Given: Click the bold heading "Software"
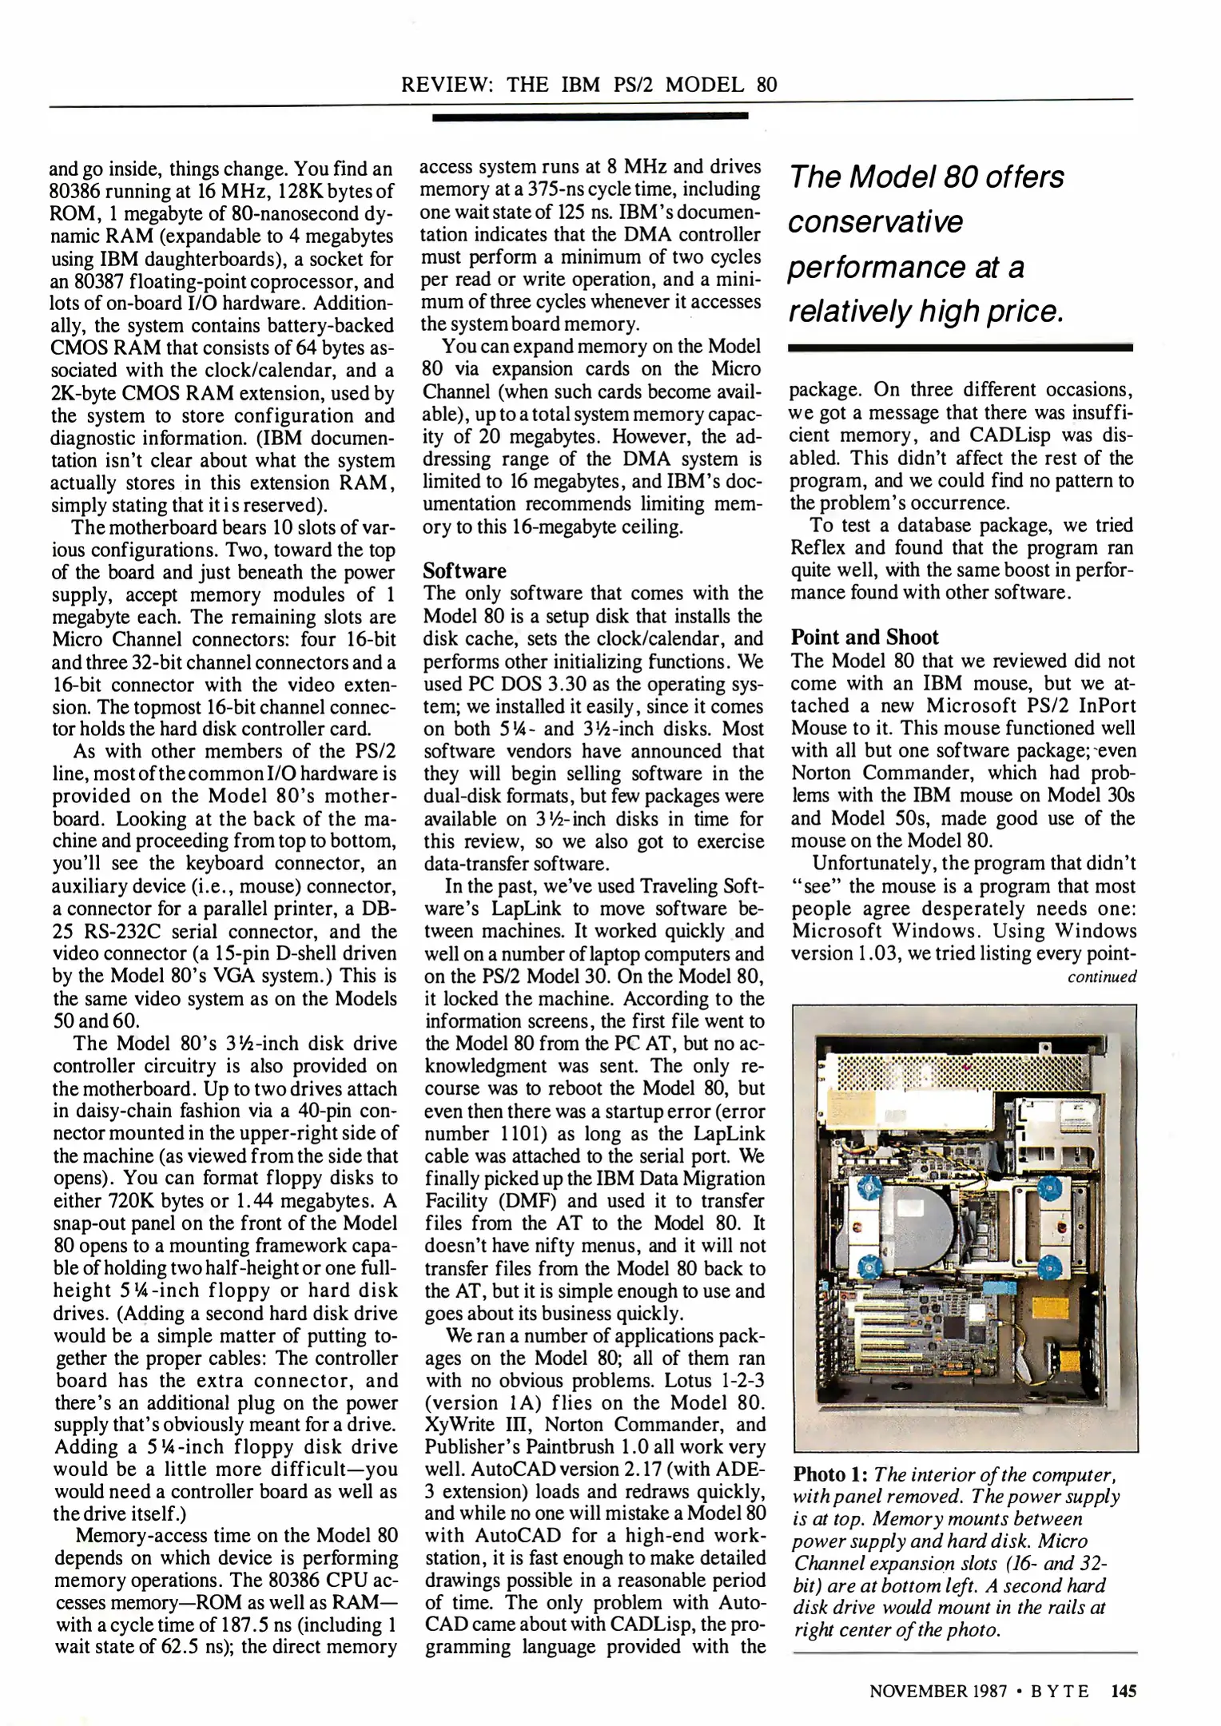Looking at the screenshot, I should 464,571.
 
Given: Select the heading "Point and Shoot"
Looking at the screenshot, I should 865,637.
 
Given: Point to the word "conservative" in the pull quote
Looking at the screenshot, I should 876,222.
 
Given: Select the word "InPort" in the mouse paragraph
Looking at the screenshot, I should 1101,706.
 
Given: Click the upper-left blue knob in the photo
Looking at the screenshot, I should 869,1187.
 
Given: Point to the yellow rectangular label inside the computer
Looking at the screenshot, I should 1050,1307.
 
